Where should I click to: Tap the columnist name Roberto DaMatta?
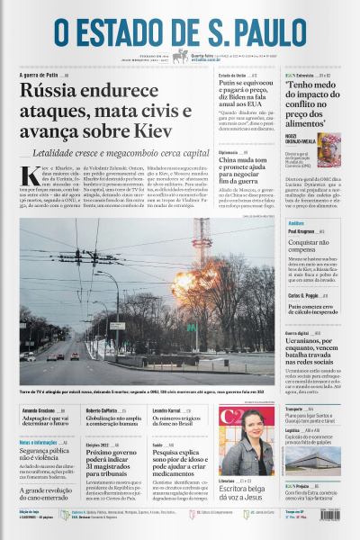[104, 384]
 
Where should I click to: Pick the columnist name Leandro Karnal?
[166, 384]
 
